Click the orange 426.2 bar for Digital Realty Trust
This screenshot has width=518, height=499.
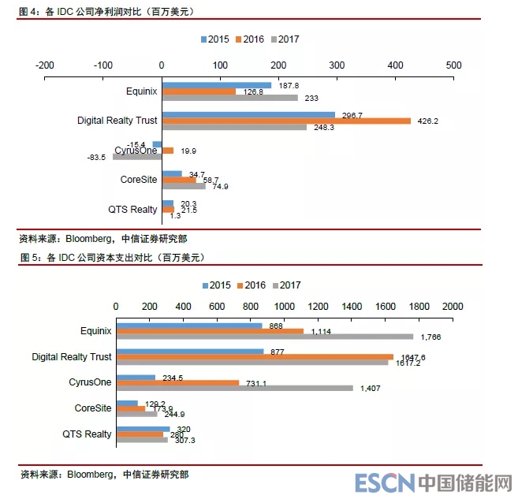[x=285, y=121]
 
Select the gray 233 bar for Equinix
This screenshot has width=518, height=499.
[x=229, y=98]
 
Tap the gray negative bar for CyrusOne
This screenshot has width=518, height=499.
[x=136, y=156]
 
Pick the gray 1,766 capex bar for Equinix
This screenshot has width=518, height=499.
[x=264, y=337]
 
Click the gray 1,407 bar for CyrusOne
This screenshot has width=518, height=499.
[x=234, y=388]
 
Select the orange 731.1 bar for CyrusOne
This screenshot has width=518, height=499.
[x=177, y=382]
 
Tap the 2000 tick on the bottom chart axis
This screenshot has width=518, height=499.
[x=452, y=306]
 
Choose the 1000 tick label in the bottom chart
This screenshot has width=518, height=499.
[x=284, y=306]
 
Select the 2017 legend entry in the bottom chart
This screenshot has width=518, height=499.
[x=285, y=285]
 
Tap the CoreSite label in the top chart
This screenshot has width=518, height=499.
[x=139, y=180]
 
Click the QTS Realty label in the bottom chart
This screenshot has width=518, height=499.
[x=87, y=434]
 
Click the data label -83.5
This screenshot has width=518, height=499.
[x=98, y=158]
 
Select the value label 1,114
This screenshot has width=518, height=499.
[x=321, y=332]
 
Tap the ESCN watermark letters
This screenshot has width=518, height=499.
[x=383, y=482]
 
